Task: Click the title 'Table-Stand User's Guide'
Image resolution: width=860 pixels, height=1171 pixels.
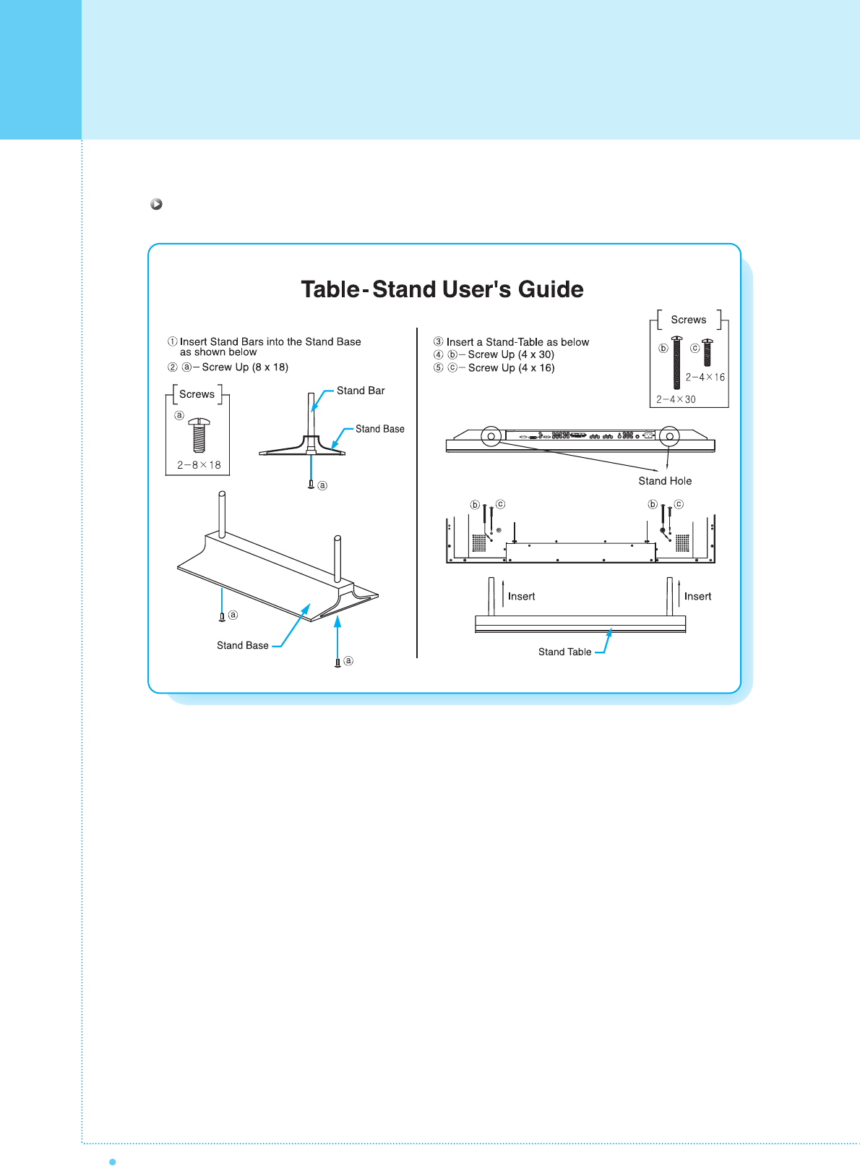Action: coord(442,289)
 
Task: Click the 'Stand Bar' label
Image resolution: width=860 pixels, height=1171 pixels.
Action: coord(361,391)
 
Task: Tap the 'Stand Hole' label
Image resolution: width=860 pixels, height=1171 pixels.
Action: coord(665,481)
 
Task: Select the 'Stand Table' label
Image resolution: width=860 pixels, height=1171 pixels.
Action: coord(564,652)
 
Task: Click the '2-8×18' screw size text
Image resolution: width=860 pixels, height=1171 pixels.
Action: coord(199,465)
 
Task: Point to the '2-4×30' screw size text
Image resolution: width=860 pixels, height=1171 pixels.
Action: coord(676,399)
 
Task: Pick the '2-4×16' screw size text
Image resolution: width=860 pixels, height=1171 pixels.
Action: coord(705,377)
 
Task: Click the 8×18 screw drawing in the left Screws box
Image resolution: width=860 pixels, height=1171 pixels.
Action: coord(199,434)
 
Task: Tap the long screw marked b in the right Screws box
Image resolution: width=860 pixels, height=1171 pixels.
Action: coord(677,362)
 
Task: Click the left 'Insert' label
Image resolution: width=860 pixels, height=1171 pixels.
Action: coord(521,597)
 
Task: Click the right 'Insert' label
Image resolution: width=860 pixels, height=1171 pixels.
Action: coord(697,597)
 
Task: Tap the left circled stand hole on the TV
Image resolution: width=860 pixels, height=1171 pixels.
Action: coord(491,436)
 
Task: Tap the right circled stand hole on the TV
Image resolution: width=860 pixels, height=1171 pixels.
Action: coord(669,436)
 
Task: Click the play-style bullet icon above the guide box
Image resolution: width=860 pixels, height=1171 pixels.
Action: coord(156,204)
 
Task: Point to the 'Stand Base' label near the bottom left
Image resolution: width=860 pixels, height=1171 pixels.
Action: coord(243,645)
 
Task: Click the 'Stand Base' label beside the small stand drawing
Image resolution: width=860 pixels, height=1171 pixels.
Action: coord(379,429)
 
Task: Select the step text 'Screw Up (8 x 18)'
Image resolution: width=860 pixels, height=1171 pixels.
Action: coord(245,367)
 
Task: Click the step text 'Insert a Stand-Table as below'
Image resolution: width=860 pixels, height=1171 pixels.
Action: coord(517,342)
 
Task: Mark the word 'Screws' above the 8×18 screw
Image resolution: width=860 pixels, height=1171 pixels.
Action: coord(197,394)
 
